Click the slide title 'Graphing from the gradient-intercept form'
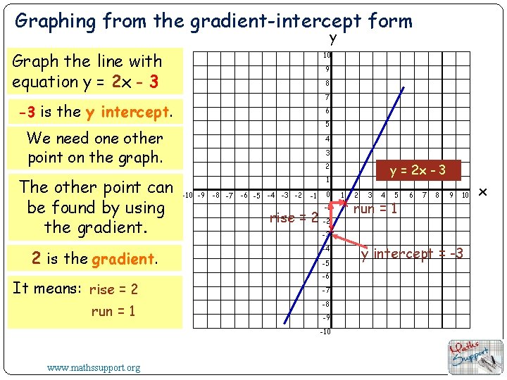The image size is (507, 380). tap(213, 21)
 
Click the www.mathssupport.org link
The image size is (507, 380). tap(94, 367)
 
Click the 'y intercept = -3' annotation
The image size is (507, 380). tap(412, 253)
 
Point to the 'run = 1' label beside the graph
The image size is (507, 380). tap(375, 209)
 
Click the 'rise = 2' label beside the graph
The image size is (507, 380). tap(294, 217)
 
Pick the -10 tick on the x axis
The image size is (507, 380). tap(187, 195)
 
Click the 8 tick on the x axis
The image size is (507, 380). tap(438, 195)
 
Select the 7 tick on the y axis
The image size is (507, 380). tap(327, 97)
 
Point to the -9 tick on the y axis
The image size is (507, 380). tap(326, 317)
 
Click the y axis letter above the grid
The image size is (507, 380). tap(332, 39)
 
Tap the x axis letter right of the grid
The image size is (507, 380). tap(483, 191)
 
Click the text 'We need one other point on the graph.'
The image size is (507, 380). tap(95, 148)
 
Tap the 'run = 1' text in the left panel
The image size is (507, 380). tap(113, 311)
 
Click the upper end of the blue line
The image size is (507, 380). tap(403, 87)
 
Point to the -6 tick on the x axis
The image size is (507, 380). tap(244, 195)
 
